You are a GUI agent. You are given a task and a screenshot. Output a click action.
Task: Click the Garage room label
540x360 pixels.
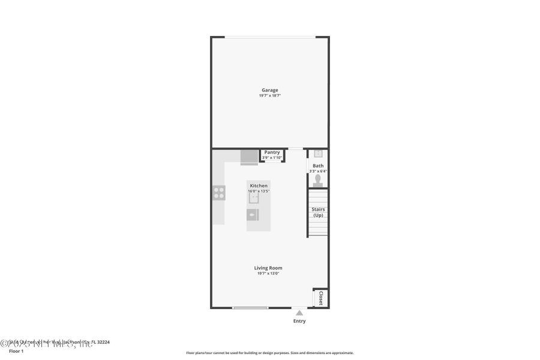pyautogui.click(x=269, y=90)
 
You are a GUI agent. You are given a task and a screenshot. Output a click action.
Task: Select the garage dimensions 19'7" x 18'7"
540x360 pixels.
pyautogui.click(x=269, y=95)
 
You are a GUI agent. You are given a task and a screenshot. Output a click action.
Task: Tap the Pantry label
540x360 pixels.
pyautogui.click(x=272, y=152)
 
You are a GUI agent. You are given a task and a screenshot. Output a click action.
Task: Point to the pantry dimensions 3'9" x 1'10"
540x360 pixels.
pyautogui.click(x=272, y=158)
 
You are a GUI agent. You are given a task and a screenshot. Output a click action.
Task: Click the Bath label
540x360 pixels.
pyautogui.click(x=318, y=166)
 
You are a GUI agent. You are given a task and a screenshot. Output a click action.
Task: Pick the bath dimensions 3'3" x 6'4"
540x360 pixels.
pyautogui.click(x=318, y=171)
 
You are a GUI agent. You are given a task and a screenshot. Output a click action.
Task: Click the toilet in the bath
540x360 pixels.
pyautogui.click(x=318, y=180)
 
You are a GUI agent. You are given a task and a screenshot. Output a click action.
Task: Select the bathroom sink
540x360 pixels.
pyautogui.click(x=318, y=154)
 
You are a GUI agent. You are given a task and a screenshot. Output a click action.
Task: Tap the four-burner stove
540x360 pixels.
pyautogui.click(x=219, y=193)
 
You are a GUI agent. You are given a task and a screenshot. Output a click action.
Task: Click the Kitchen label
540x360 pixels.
pyautogui.click(x=259, y=186)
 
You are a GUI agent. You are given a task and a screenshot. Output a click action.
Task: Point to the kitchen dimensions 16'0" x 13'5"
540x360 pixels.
pyautogui.click(x=259, y=191)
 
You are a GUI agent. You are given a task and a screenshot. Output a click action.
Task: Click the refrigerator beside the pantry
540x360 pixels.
pyautogui.click(x=248, y=157)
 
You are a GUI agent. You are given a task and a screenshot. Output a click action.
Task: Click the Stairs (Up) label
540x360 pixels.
pyautogui.click(x=318, y=212)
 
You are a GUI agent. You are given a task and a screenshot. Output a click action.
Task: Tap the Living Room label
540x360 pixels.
pyautogui.click(x=268, y=268)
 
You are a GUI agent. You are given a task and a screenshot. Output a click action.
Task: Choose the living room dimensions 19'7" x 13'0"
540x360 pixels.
pyautogui.click(x=268, y=274)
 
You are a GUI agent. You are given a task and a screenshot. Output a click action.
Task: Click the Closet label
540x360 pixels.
pyautogui.click(x=320, y=298)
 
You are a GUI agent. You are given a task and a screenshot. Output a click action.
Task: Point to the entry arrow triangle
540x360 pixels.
pyautogui.click(x=299, y=312)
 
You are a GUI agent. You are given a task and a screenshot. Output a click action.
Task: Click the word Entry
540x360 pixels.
pyautogui.click(x=299, y=321)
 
